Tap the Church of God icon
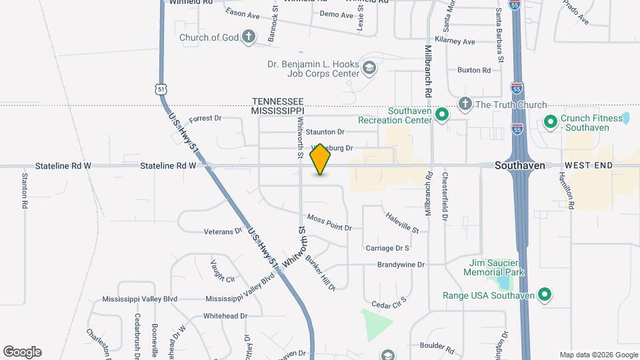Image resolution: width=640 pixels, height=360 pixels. pyautogui.click(x=249, y=37)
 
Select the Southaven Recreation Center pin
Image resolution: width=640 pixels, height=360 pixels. pyautogui.click(x=441, y=115)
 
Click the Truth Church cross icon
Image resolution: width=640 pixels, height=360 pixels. pyautogui.click(x=465, y=104)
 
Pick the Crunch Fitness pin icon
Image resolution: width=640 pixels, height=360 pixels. pyautogui.click(x=551, y=121)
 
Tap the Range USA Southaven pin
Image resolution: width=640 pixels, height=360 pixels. pyautogui.click(x=545, y=295)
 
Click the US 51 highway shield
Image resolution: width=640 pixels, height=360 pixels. pyautogui.click(x=159, y=89)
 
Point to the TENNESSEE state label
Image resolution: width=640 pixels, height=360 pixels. pyautogui.click(x=278, y=101)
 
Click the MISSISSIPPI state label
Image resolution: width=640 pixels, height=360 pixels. pyautogui.click(x=278, y=110)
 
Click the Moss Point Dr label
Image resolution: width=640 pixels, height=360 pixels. pyautogui.click(x=329, y=223)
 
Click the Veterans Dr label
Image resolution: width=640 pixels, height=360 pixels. pyautogui.click(x=223, y=231)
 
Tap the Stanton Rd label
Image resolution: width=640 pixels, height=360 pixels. pyautogui.click(x=25, y=191)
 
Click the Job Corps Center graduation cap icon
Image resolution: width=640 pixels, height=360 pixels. pyautogui.click(x=369, y=67)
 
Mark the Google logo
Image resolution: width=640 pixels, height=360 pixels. pyautogui.click(x=22, y=352)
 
